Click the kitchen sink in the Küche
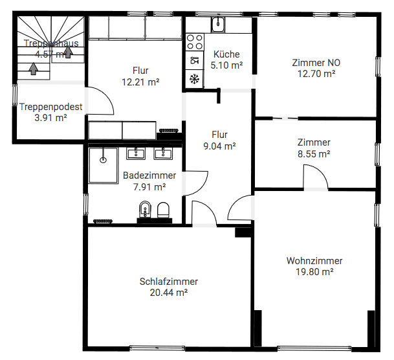(218, 25)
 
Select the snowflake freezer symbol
(194, 78)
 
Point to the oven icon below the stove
(194, 61)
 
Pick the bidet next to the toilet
(144, 210)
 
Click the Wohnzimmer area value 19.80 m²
(314, 272)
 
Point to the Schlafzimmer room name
(168, 281)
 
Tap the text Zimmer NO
(316, 63)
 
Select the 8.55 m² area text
(314, 153)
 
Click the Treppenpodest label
(50, 107)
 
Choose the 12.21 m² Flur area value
(140, 82)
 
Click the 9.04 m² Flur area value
(219, 146)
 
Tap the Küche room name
(226, 54)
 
